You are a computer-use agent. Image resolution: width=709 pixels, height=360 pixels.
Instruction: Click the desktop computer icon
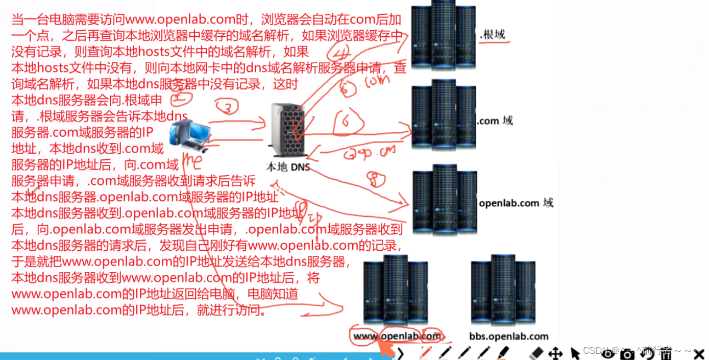pyautogui.click(x=190, y=135)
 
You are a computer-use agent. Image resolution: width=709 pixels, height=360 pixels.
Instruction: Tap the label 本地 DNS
pyautogui.click(x=288, y=167)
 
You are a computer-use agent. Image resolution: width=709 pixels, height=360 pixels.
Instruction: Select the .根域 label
pyautogui.click(x=493, y=35)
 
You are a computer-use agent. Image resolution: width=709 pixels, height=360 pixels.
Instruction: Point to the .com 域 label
pyautogui.click(x=495, y=121)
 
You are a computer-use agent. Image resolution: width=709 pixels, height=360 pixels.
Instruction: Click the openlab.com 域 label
pyautogui.click(x=516, y=203)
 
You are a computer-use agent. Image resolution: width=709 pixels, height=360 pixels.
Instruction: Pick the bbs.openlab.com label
pyautogui.click(x=508, y=336)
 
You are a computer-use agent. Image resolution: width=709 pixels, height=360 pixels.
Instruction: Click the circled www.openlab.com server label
pyautogui.click(x=397, y=335)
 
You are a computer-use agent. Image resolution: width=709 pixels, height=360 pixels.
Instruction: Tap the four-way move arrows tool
pyautogui.click(x=555, y=353)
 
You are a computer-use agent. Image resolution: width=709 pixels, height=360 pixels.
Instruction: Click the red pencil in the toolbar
pyautogui.click(x=424, y=353)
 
